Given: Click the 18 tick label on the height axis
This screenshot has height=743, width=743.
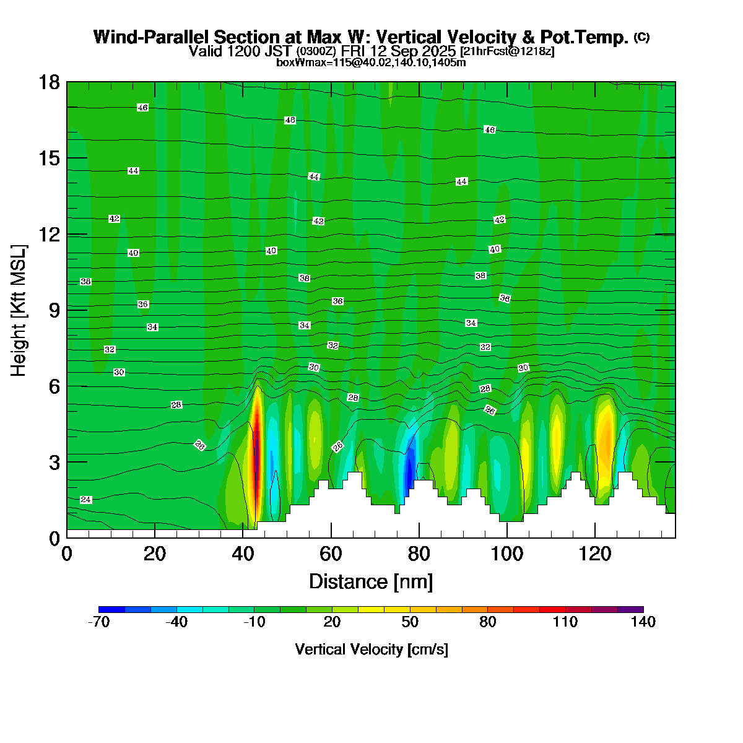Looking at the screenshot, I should pos(49,82).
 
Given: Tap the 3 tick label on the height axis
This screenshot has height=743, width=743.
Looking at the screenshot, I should pos(54,462).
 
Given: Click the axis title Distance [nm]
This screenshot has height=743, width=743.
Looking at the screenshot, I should pos(371,581).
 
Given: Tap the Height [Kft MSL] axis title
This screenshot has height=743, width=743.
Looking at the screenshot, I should pos(19,310).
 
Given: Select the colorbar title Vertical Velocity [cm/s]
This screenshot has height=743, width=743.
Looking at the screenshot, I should pos(371,650).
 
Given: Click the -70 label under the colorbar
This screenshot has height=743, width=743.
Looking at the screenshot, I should pos(99,622).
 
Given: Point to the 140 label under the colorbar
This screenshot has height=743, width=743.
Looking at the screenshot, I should pos(643,622).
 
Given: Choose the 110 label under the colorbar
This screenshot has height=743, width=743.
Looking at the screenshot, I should pos(565,622).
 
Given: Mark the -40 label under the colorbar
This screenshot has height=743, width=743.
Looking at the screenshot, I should pos(176,622).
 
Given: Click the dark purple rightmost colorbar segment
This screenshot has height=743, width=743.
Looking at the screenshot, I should pos(630,609).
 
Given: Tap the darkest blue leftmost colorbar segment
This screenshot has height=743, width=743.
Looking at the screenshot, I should pos(112,609).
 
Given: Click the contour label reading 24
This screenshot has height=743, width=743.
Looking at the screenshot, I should pos(86,500).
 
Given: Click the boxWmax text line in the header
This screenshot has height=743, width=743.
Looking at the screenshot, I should pos(371,62).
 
